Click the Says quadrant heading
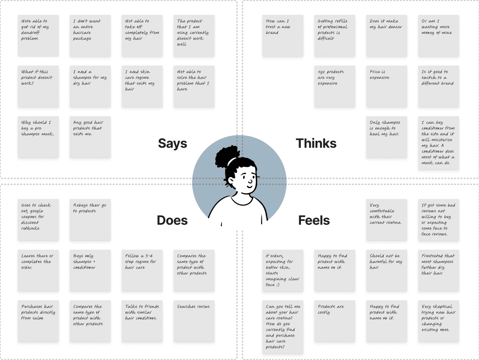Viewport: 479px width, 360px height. tap(172, 144)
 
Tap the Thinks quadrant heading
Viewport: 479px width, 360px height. tap(316, 144)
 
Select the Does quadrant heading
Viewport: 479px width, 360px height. tap(172, 220)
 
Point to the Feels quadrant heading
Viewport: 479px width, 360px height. tap(314, 220)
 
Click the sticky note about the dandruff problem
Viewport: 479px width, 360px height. tap(38, 36)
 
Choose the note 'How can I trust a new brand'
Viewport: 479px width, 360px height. tap(283, 36)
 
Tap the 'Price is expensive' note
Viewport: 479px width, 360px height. tap(386, 86)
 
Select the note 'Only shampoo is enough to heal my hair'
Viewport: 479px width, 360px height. tap(386, 137)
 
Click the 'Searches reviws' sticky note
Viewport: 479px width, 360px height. tap(194, 321)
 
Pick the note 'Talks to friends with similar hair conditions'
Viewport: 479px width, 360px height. tap(142, 321)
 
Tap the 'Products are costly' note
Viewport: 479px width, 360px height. tap(335, 321)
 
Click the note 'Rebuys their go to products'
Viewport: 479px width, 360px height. tap(90, 220)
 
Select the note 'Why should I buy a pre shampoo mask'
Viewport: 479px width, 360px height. tap(38, 137)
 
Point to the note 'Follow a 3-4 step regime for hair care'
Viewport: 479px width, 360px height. tap(142, 270)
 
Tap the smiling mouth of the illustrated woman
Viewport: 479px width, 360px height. tap(249, 186)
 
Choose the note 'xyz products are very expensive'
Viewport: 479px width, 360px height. tap(335, 86)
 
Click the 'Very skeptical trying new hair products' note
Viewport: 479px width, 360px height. tap(438, 321)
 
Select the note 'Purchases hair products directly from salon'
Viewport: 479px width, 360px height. tap(38, 321)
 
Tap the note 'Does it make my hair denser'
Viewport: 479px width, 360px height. tap(386, 36)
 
